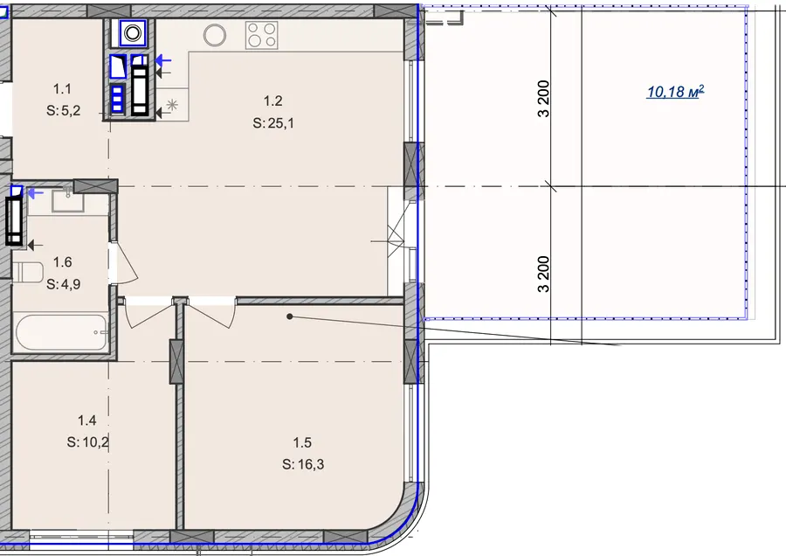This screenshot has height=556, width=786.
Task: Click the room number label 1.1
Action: [62, 89]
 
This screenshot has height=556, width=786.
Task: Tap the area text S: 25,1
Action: [273, 123]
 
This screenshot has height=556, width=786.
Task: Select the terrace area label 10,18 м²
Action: [675, 91]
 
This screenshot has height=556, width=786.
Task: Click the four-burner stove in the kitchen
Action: [262, 35]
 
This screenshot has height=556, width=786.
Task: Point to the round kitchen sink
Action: [215, 35]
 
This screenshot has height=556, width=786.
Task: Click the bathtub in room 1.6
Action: [61, 332]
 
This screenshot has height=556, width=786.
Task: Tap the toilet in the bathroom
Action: [28, 273]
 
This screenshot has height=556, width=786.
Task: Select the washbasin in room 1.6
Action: [68, 201]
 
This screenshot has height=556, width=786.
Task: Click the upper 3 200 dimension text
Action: [543, 99]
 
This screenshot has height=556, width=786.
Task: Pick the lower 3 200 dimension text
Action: [543, 274]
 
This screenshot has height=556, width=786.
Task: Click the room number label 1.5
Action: [302, 442]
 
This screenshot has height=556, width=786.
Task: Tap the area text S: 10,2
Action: [87, 442]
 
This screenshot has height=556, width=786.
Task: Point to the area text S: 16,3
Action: [303, 465]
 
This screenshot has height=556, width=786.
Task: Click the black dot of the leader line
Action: [289, 316]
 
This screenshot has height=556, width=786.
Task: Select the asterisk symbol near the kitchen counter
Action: [172, 105]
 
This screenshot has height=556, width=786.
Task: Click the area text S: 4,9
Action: [64, 284]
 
